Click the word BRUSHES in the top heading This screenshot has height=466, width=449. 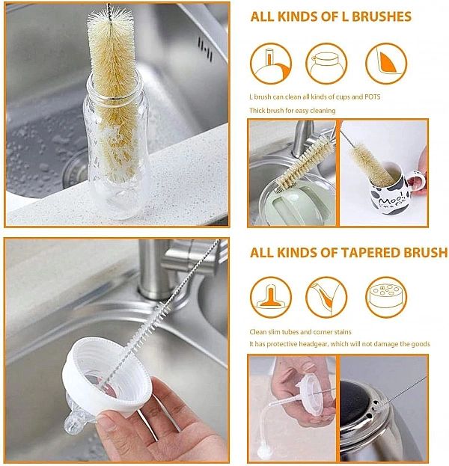point(382,16)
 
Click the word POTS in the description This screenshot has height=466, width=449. point(372,97)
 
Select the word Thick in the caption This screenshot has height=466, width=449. point(257,111)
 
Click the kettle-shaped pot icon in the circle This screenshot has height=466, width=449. point(326,64)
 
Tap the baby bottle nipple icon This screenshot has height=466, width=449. point(271,297)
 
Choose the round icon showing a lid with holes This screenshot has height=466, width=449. point(386,297)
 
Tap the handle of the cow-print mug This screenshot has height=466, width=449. point(417,182)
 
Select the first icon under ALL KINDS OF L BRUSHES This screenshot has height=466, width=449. point(271,64)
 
